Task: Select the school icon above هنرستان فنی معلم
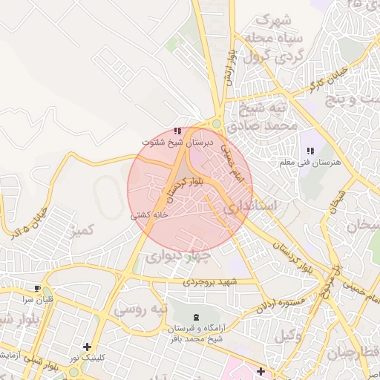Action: pos(309,151)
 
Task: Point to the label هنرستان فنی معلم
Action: pos(307,162)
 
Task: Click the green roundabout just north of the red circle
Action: pos(216,125)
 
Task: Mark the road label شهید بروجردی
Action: pos(210,283)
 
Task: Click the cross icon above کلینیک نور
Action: pos(88,347)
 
